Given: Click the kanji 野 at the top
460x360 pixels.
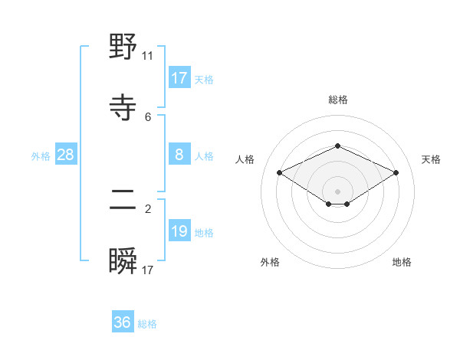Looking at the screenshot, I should (123, 48).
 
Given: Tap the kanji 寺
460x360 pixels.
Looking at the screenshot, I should (123, 107).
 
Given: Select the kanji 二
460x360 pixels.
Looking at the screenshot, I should (123, 201).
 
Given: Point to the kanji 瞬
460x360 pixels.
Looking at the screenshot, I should (123, 261).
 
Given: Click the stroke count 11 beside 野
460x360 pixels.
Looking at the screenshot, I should (148, 56).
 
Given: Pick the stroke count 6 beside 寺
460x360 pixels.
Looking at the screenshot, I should (148, 116).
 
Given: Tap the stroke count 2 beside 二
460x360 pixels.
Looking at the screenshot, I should (148, 208).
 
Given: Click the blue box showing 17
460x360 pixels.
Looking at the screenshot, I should (179, 78).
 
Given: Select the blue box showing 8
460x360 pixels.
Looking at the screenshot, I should (179, 155).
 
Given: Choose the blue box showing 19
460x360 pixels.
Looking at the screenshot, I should (179, 231).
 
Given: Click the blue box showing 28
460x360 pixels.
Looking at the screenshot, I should (66, 155).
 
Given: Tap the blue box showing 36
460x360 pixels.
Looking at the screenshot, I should (123, 322).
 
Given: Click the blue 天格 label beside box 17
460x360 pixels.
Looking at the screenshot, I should (204, 79).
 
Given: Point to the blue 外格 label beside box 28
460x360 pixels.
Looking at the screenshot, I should (41, 155).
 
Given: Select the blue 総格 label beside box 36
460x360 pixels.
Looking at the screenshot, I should (147, 323).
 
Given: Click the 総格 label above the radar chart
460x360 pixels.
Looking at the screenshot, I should (337, 100).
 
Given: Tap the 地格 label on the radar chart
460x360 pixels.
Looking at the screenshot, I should (402, 262).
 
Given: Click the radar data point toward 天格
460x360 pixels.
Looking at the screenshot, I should (396, 172).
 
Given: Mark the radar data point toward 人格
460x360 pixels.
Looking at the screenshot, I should (279, 172).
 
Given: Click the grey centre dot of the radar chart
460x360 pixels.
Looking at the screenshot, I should (337, 191).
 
